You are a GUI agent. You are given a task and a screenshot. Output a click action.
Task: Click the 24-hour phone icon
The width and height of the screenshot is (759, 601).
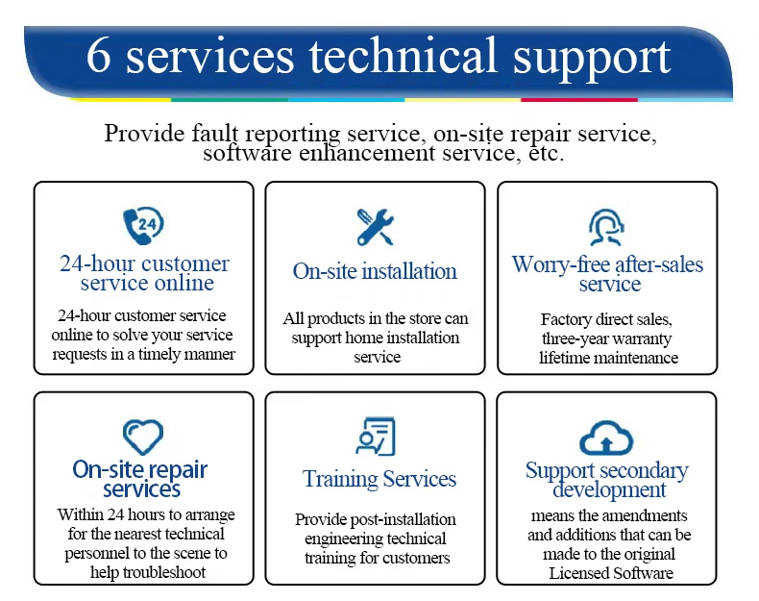[x=143, y=226]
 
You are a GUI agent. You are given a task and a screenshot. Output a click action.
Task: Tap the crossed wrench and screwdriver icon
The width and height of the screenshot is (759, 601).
[x=375, y=227]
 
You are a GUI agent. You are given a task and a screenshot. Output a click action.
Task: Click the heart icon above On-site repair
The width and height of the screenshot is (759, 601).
[x=143, y=437]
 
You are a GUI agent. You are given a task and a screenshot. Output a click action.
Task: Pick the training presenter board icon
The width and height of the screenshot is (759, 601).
[x=375, y=437]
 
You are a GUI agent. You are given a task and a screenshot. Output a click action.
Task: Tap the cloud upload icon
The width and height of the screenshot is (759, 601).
[x=606, y=439]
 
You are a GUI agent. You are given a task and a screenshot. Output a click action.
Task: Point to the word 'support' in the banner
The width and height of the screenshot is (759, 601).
[x=591, y=58]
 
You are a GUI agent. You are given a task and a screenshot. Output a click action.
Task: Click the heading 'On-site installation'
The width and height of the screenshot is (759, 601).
[x=375, y=271]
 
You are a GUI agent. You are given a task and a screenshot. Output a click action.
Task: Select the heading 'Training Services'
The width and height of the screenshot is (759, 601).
[x=379, y=479]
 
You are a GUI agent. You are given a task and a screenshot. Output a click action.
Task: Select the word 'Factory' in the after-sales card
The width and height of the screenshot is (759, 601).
[x=566, y=319]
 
